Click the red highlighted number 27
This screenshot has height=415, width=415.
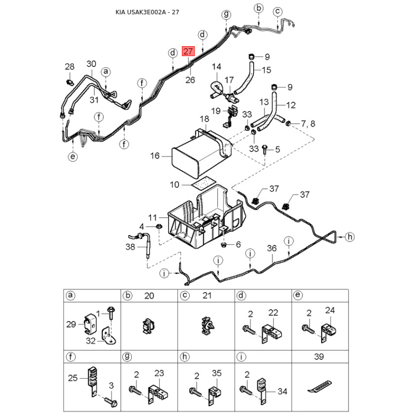(188, 51)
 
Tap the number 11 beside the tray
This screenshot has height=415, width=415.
(153, 217)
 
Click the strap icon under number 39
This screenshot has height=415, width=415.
(319, 386)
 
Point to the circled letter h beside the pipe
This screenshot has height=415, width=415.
(350, 237)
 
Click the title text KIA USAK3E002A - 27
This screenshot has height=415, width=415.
(147, 12)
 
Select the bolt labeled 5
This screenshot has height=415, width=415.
(265, 150)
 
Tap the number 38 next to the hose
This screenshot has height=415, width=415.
(130, 247)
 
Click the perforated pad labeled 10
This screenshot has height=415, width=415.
(203, 182)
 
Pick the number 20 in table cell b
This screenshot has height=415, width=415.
(149, 296)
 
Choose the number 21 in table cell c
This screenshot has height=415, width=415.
(207, 296)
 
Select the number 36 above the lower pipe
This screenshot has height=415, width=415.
(271, 248)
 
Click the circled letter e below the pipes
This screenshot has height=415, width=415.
(73, 157)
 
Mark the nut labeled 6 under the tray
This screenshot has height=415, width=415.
(224, 244)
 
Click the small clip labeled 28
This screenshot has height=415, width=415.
(70, 82)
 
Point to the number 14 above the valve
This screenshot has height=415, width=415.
(216, 66)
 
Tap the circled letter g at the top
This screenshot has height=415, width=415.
(226, 14)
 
